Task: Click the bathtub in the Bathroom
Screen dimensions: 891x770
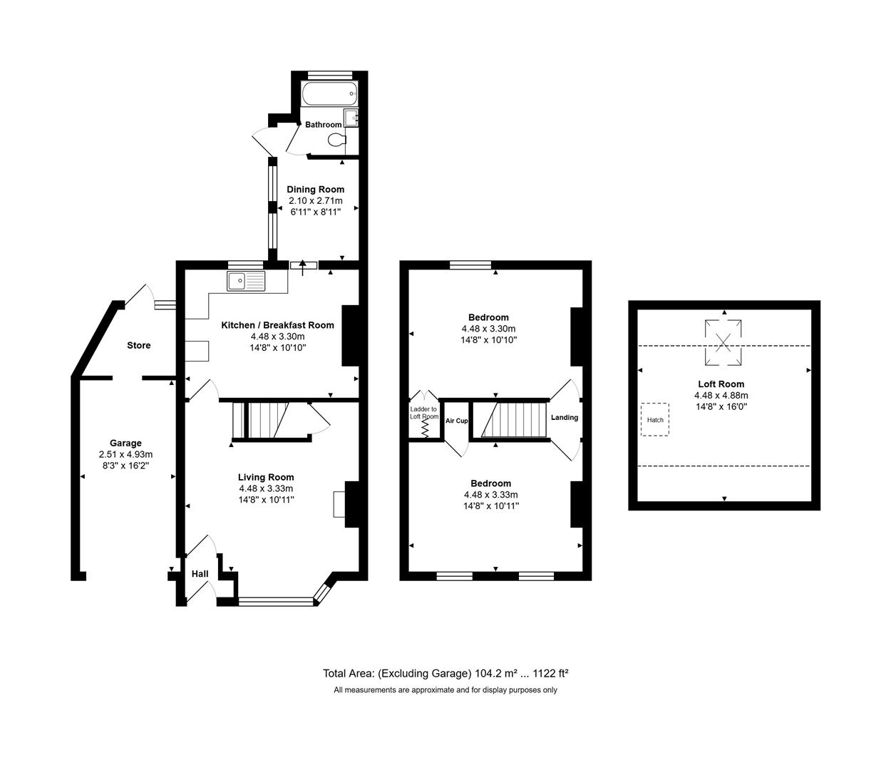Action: pyautogui.click(x=329, y=93)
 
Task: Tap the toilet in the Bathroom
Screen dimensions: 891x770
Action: pyautogui.click(x=337, y=140)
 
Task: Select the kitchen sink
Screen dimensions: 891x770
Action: pyautogui.click(x=246, y=281)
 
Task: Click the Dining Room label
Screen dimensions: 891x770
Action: pyautogui.click(x=316, y=189)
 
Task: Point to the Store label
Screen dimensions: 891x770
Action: pyautogui.click(x=139, y=345)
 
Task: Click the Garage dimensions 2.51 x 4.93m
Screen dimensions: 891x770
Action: pyautogui.click(x=126, y=454)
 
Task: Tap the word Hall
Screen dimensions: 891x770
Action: pyautogui.click(x=200, y=574)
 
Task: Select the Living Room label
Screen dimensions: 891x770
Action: pyautogui.click(x=266, y=477)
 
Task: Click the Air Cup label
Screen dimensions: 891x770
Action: pyautogui.click(x=456, y=421)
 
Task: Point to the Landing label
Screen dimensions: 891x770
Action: pyautogui.click(x=565, y=417)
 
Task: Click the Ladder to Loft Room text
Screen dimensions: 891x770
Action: pyautogui.click(x=424, y=413)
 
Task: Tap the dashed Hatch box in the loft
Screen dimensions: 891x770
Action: pyautogui.click(x=655, y=419)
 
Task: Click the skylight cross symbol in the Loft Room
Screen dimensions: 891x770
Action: pyautogui.click(x=723, y=343)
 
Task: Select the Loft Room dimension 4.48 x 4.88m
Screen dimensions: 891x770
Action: pyautogui.click(x=721, y=396)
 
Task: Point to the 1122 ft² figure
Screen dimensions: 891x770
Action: pyautogui.click(x=551, y=673)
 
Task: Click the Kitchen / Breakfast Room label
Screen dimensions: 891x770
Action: pyautogui.click(x=277, y=325)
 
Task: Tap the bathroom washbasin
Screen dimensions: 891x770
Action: pyautogui.click(x=351, y=117)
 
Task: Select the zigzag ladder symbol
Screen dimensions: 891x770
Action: pyautogui.click(x=425, y=428)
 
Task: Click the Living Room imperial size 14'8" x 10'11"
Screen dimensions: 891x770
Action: pyautogui.click(x=267, y=500)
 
